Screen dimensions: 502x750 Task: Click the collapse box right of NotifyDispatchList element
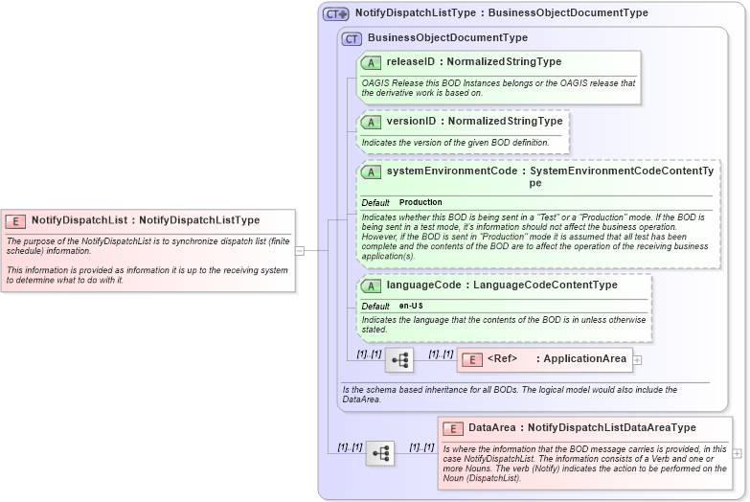300,251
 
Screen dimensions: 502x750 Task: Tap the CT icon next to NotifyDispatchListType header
336,14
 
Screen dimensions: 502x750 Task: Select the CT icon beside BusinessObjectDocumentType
352,38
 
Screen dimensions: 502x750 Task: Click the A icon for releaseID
372,62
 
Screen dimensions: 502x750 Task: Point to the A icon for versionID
372,122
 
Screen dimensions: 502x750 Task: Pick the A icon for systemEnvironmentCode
372,171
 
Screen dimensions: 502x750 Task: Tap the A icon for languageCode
372,285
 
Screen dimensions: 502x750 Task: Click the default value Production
420,203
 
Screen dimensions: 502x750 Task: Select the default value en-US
411,306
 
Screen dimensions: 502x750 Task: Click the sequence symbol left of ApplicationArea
399,360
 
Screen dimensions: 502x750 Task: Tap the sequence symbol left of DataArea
380,453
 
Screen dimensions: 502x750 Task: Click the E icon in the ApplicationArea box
472,360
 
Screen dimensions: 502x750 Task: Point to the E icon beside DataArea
453,428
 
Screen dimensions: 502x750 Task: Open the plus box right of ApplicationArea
637,360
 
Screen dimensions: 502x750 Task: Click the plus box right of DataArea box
737,453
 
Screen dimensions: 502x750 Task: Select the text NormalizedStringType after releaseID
505,62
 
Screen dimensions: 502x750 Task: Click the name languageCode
420,285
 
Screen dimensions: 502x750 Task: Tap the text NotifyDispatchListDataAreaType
612,428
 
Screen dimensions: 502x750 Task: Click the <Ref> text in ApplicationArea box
502,359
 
